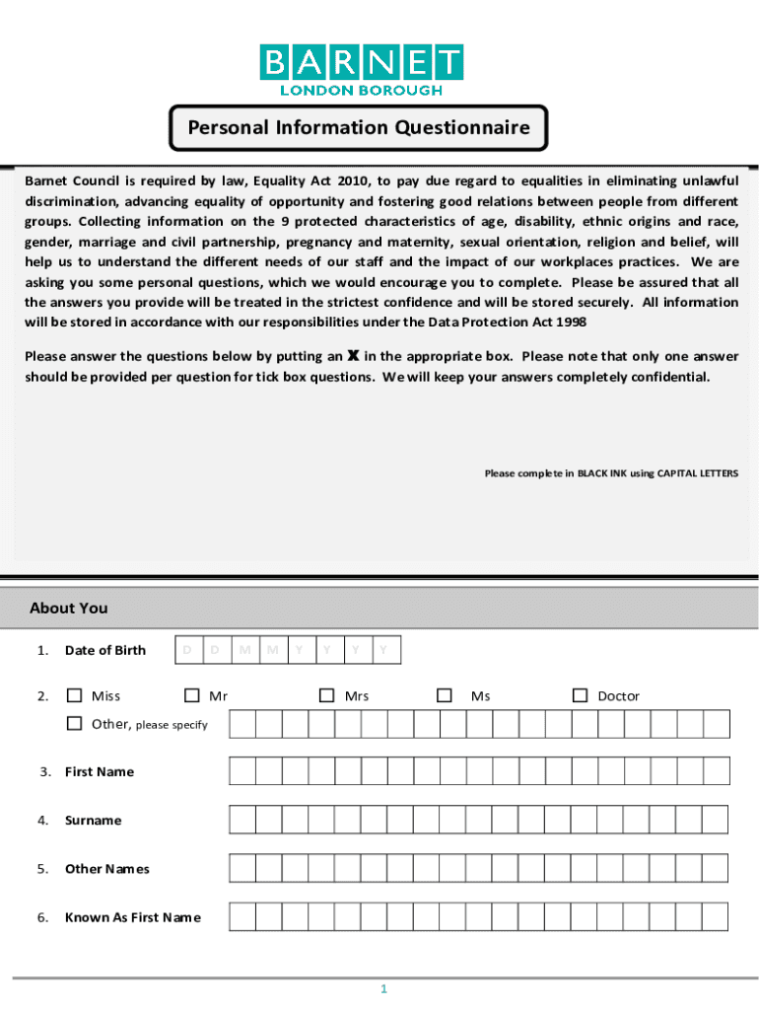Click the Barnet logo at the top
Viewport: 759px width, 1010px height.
click(x=361, y=70)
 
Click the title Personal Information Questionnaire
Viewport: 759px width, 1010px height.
click(x=359, y=128)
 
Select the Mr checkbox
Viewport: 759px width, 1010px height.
click(x=192, y=695)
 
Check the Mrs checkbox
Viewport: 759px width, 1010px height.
click(x=327, y=695)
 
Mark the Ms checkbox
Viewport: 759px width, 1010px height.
click(x=446, y=695)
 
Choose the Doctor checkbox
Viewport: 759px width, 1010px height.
click(x=581, y=695)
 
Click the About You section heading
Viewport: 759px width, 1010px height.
click(x=69, y=609)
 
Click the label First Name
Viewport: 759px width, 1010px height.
click(x=99, y=771)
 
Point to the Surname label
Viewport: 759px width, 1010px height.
click(x=93, y=820)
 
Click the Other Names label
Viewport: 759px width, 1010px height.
click(x=106, y=869)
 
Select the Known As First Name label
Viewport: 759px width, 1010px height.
click(x=132, y=917)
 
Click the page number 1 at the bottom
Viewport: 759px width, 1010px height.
click(x=383, y=989)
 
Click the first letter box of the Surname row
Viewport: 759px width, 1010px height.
click(x=241, y=820)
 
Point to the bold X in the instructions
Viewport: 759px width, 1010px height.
click(x=353, y=356)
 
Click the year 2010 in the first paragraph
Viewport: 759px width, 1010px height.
click(x=353, y=180)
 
